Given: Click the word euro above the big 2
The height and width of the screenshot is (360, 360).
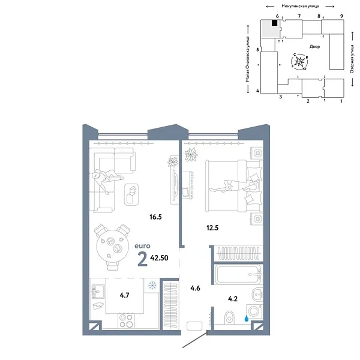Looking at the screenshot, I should click(143, 245).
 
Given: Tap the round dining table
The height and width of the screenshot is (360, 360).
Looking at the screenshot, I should click(115, 241).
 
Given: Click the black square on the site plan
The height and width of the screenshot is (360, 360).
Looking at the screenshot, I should click(274, 23).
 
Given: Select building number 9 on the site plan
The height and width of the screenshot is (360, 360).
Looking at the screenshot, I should click(341, 16).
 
